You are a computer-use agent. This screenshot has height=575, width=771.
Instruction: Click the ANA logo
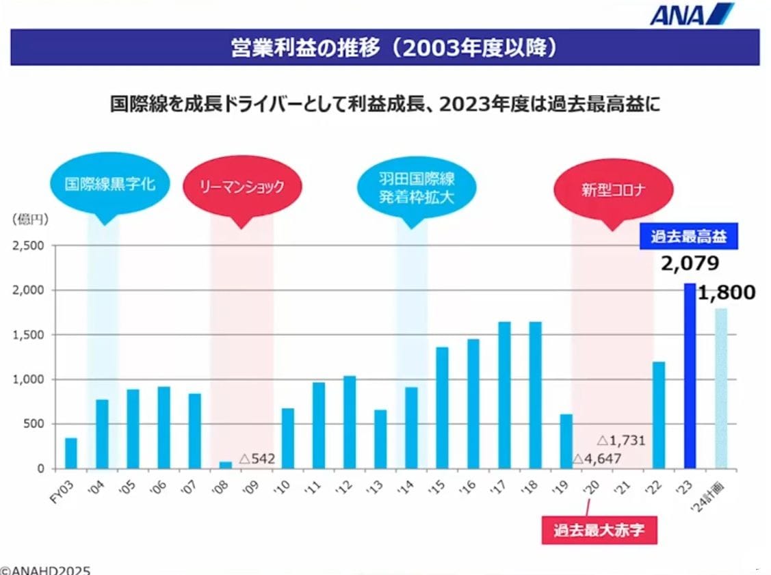pos(691,14)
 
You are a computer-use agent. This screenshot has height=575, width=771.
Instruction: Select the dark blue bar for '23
pos(690,376)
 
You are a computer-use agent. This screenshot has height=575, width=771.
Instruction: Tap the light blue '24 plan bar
pos(720,388)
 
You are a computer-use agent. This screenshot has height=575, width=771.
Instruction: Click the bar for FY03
pos(71,453)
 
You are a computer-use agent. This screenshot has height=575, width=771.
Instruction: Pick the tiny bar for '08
pos(225,465)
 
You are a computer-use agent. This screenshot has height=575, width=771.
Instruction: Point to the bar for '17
pos(504,395)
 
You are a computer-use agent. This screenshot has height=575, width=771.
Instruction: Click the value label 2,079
pos(690,265)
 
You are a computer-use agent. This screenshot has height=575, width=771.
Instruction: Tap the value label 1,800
pos(727,293)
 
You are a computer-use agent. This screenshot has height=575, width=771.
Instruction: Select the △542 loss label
pos(257,459)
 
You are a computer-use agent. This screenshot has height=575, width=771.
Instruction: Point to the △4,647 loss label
pos(597,459)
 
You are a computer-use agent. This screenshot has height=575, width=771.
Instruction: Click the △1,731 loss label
pos(621,441)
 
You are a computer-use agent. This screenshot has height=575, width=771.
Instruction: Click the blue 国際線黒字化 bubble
pos(110,184)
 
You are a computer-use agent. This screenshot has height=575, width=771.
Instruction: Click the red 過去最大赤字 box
pos(599,530)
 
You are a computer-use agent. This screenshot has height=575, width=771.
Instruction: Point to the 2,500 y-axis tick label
pos(29,245)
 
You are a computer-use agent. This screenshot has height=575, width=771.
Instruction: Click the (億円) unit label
pos(29,219)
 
